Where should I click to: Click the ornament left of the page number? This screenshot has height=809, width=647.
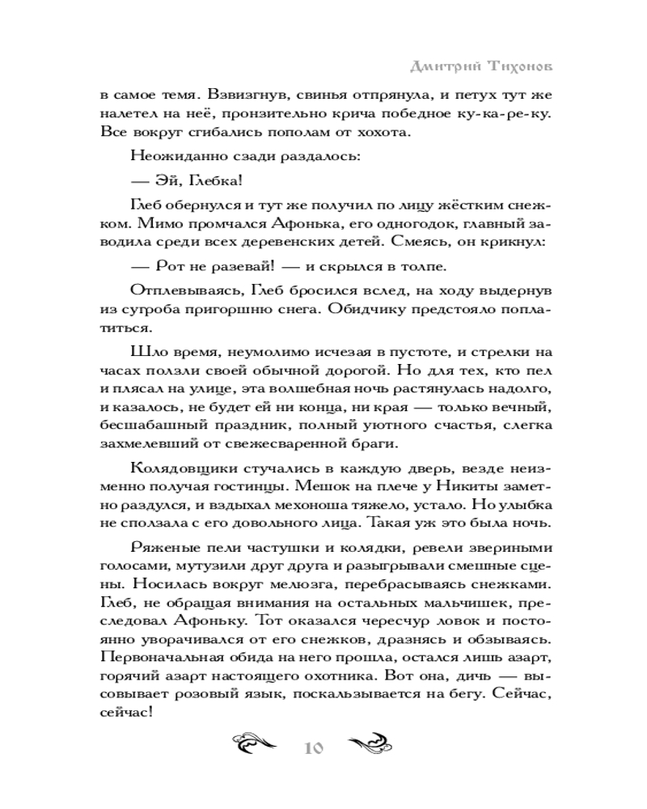(256, 745)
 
